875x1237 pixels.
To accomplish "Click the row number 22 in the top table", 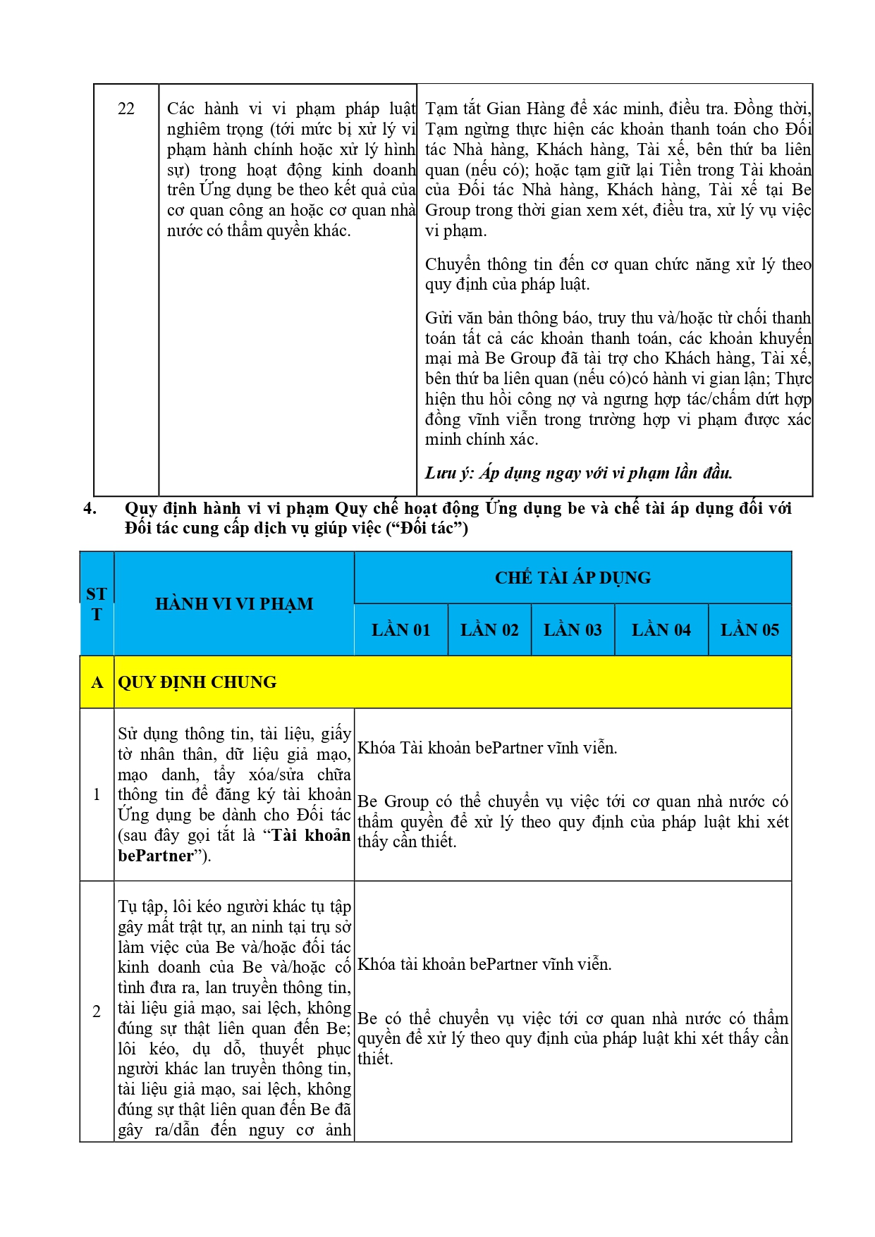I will pos(126,109).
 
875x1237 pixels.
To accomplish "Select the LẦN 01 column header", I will pos(400,630).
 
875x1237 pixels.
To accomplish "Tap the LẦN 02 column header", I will pos(489,630).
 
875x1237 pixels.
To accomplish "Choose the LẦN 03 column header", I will pos(573,630).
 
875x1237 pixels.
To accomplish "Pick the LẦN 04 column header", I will pos(661,630).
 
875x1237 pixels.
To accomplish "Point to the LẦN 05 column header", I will pos(749,630).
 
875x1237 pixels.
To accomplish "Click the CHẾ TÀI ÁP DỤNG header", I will pos(573,578).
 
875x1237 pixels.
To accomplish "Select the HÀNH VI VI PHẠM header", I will pos(234,604).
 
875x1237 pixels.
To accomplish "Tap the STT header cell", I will pos(97,604).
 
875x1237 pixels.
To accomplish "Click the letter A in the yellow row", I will pos(97,682).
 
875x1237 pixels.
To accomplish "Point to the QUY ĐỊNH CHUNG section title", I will pos(197,682).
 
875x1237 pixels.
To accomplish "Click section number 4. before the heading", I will pos(90,508).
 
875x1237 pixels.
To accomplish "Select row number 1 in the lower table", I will pos(97,794).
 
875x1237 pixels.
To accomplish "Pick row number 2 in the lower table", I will pos(97,1011).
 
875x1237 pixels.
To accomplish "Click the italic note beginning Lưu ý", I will pos(578,473).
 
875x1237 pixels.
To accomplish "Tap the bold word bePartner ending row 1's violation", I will pos(155,856).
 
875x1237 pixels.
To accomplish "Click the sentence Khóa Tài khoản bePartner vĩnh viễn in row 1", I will pos(487,748).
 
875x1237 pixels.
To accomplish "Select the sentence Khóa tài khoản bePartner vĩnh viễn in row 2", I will pos(484,964).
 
